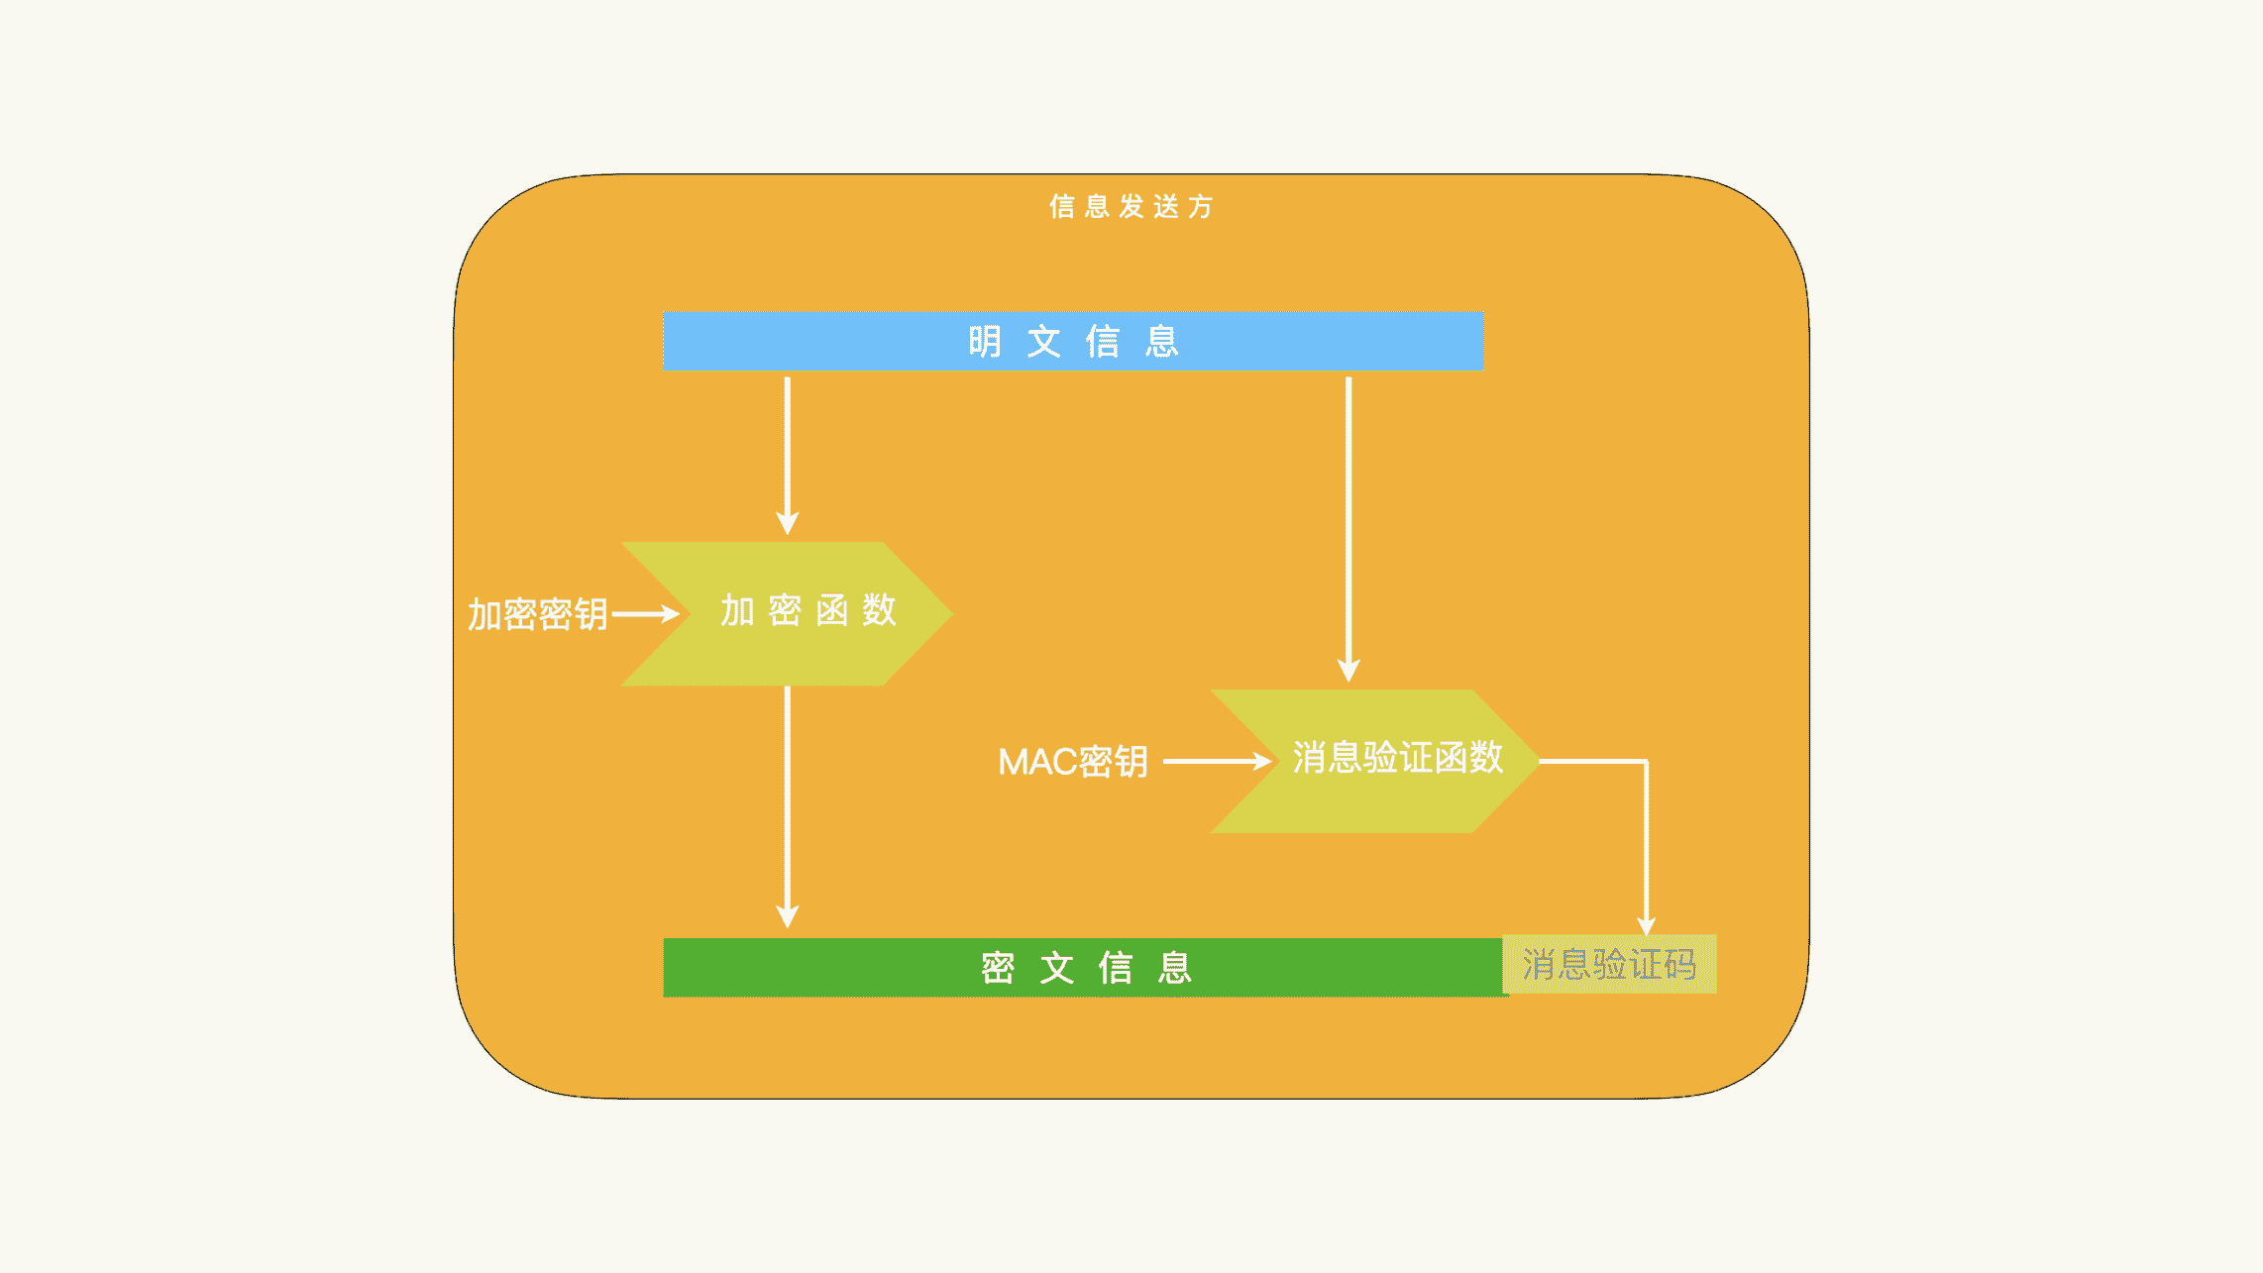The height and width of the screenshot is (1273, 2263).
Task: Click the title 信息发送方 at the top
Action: coord(1131,206)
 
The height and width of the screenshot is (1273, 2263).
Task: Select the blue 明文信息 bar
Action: coord(1073,341)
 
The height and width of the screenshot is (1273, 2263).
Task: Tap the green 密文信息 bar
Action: coord(1084,967)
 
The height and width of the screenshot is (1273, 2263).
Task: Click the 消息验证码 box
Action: coord(1609,964)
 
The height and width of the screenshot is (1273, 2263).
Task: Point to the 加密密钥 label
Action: coord(537,614)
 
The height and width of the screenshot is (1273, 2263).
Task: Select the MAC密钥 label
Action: coord(1073,762)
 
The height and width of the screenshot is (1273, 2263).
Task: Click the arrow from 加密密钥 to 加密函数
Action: coord(645,614)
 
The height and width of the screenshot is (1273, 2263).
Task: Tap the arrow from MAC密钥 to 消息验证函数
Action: coord(1217,761)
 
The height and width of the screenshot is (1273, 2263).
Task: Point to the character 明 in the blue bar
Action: coord(984,342)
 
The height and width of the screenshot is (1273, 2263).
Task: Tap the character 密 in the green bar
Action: coord(998,968)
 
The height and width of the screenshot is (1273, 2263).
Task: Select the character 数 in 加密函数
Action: coord(879,610)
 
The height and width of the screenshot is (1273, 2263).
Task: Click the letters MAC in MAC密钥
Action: coord(1037,762)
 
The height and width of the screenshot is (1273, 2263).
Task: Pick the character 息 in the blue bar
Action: coord(1161,342)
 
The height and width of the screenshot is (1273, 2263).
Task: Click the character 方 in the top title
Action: coord(1201,206)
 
